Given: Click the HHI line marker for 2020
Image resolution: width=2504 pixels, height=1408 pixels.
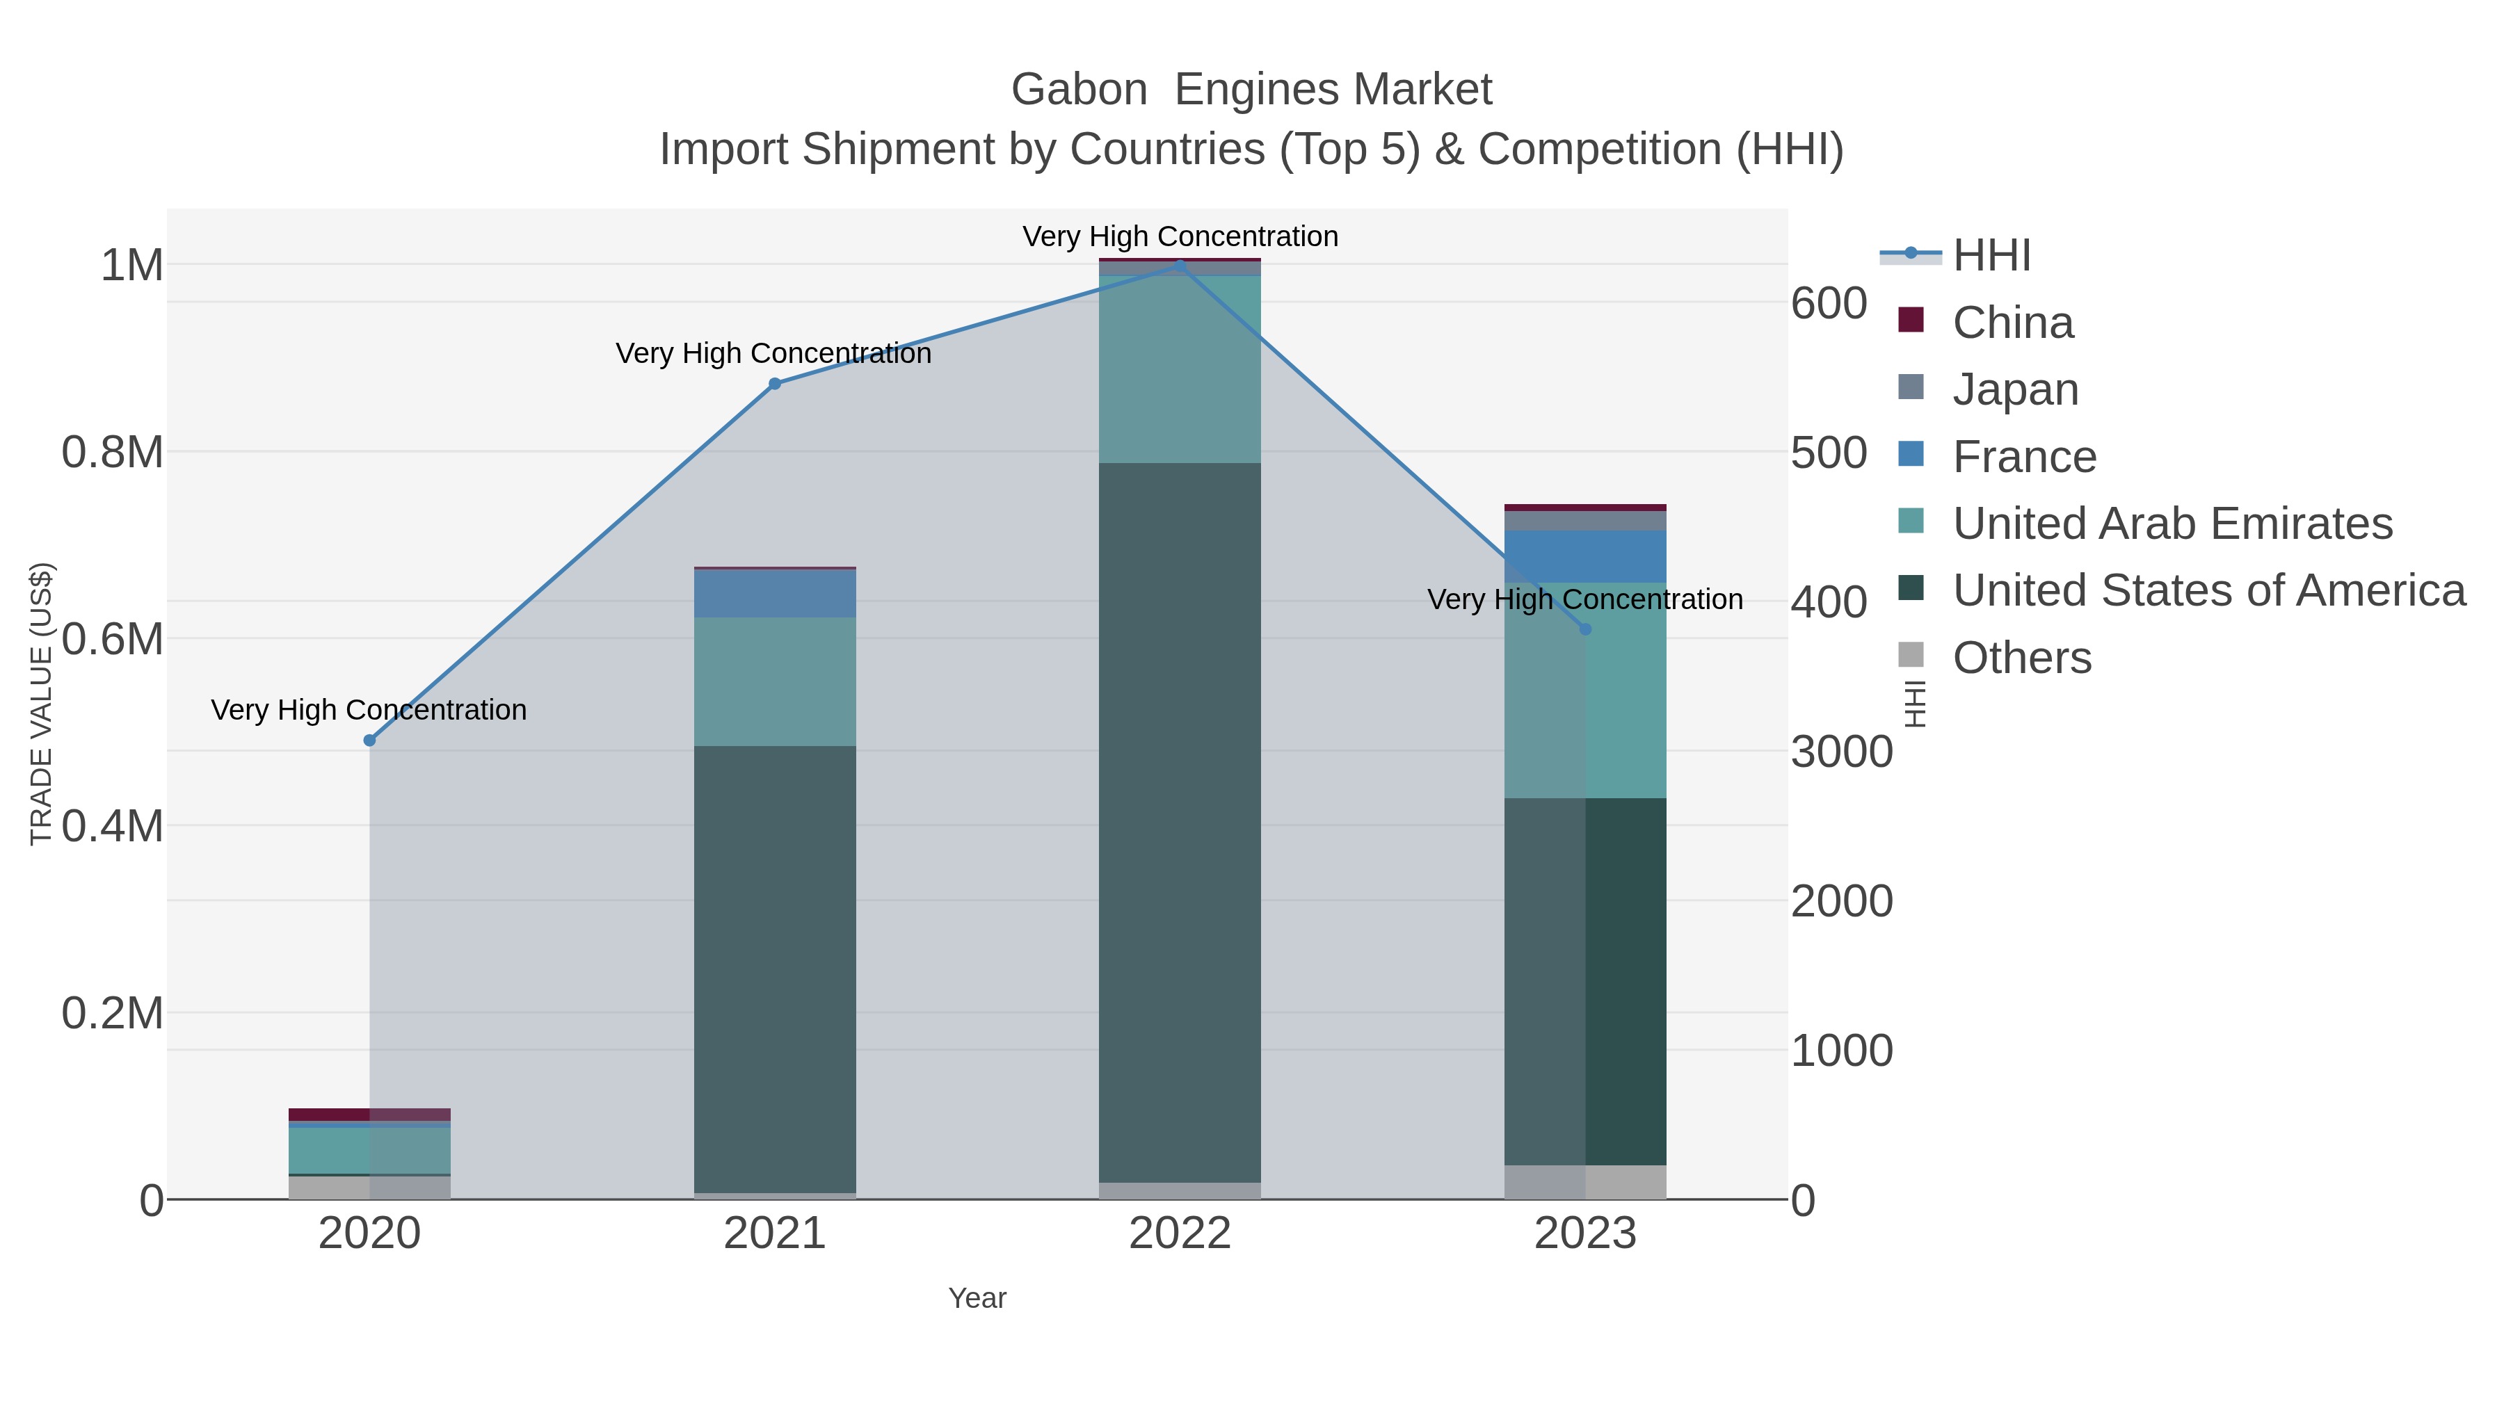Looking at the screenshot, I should pyautogui.click(x=369, y=741).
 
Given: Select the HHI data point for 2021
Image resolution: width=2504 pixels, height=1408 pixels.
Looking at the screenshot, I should pyautogui.click(x=775, y=384).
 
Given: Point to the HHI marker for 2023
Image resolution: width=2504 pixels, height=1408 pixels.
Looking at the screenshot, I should pyautogui.click(x=1585, y=630).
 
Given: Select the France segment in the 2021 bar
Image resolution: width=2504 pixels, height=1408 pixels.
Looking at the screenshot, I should pyautogui.click(x=775, y=594).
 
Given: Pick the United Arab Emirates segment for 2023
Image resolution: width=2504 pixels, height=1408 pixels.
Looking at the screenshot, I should pyautogui.click(x=1585, y=690).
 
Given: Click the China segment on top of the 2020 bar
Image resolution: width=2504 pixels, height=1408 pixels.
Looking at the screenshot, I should pyautogui.click(x=369, y=1115).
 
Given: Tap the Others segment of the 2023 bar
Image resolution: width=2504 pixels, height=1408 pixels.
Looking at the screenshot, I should pyautogui.click(x=1585, y=1181).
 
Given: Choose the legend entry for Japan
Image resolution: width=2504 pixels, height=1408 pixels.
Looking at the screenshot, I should pyautogui.click(x=2015, y=389).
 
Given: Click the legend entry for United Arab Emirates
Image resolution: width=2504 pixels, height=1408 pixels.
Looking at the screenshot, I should pyautogui.click(x=2172, y=524).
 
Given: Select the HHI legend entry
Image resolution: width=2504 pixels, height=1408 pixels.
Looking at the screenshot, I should pyautogui.click(x=1991, y=256).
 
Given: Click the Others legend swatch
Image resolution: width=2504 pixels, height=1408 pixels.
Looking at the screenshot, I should pyautogui.click(x=1911, y=656).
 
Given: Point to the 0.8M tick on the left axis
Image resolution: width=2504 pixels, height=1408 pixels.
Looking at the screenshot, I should pyautogui.click(x=113, y=453).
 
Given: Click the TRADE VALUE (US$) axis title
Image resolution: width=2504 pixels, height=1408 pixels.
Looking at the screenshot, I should pyautogui.click(x=41, y=704).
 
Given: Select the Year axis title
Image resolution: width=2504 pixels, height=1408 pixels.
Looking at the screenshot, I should pyautogui.click(x=977, y=1298).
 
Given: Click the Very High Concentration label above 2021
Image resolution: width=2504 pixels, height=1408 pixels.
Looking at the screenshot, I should pyautogui.click(x=773, y=354).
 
